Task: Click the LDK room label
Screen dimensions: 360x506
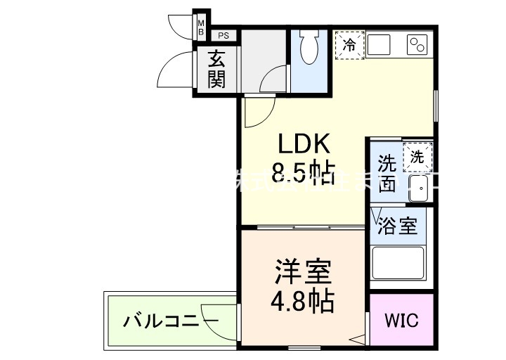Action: click(x=304, y=144)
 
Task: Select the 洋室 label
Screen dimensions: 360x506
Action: click(x=303, y=271)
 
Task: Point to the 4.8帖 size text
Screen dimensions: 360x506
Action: click(x=303, y=300)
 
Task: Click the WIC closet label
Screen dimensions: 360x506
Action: click(x=401, y=321)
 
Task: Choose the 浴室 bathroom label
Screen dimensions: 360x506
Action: click(x=398, y=226)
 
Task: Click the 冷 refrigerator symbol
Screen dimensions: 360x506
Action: click(x=349, y=45)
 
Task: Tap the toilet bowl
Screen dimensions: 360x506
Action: click(x=309, y=49)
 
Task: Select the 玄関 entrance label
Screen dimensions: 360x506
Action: click(x=216, y=70)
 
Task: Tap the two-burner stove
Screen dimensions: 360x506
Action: click(x=419, y=46)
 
